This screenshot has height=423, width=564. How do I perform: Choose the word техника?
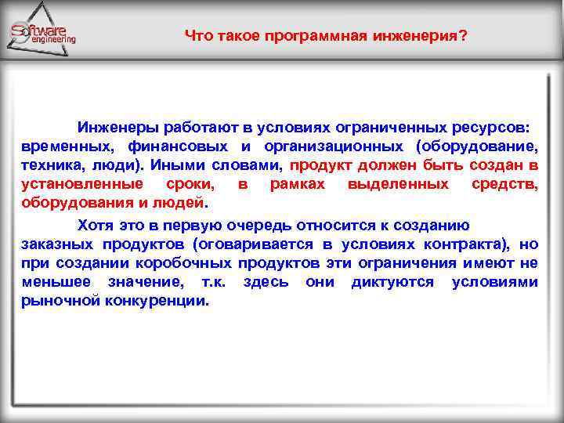[x=48, y=165]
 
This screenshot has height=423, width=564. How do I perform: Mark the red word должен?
[x=388, y=165]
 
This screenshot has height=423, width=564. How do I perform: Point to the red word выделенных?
[x=398, y=184]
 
